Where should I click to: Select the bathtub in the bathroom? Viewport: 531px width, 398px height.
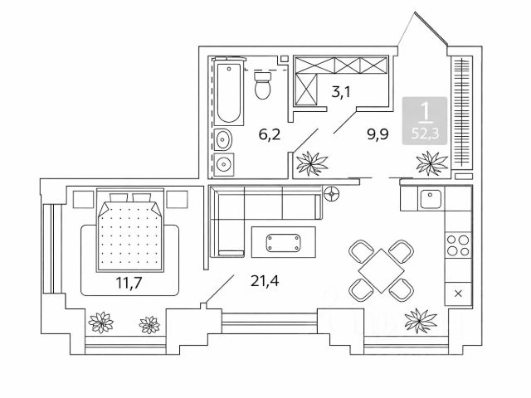[228, 92]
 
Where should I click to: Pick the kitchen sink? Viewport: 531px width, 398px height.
[430, 199]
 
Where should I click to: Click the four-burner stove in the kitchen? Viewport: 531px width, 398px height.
[458, 245]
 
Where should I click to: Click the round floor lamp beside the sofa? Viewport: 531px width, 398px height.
[332, 196]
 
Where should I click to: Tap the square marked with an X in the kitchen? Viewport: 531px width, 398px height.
[458, 293]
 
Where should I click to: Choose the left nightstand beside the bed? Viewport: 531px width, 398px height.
[82, 200]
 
